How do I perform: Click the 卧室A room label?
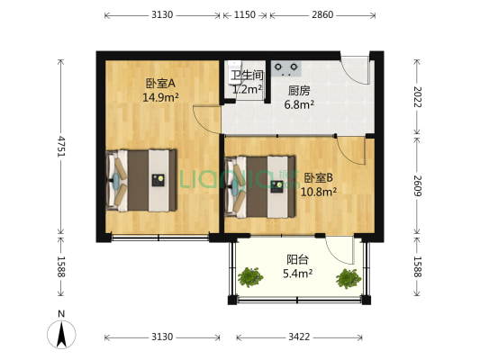pos(160,83)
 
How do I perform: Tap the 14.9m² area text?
pos(160,97)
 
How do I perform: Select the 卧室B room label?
pos(319,177)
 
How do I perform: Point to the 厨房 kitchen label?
pos(299,91)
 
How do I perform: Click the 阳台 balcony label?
pos(297,260)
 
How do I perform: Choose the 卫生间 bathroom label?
pos(247,75)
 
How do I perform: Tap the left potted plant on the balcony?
pos(250,277)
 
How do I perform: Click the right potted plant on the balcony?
pos(349,278)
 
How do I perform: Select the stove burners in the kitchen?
pos(285,68)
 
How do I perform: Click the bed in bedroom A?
pos(141,181)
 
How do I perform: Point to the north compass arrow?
pos(61,334)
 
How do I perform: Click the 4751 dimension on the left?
pos(61,147)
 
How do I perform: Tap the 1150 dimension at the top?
pos(245,14)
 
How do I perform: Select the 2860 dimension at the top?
pos(322,14)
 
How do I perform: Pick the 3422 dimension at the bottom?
pos(299,337)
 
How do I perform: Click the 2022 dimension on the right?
pos(417,97)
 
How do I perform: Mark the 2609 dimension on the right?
pos(417,185)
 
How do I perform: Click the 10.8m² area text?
pos(319,192)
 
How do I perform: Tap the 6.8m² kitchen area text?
pos(299,104)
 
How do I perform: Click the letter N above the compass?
pos(61,314)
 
